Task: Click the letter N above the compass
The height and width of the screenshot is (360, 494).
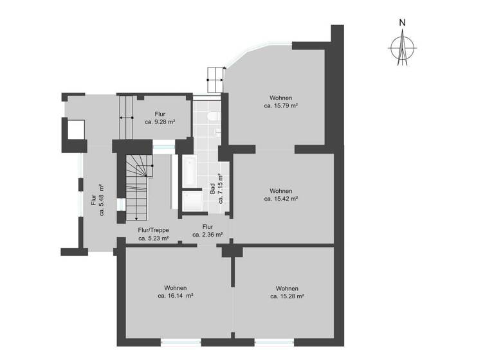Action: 402,22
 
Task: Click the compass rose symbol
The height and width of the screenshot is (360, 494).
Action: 402,48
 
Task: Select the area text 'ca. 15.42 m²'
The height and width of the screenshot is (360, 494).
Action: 281,199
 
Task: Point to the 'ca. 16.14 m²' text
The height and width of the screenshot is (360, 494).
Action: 176,296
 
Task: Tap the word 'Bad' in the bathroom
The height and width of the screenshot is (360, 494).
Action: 212,190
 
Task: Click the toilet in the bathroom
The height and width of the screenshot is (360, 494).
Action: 213,116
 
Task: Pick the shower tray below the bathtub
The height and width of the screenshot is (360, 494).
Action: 191,201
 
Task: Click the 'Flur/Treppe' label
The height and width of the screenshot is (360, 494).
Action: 154,230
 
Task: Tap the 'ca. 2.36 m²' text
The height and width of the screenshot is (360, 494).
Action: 208,235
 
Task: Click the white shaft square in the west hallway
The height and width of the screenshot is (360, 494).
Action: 76,130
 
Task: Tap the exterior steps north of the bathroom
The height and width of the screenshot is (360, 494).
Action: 215,80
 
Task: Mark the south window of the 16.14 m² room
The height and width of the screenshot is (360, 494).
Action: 181,343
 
